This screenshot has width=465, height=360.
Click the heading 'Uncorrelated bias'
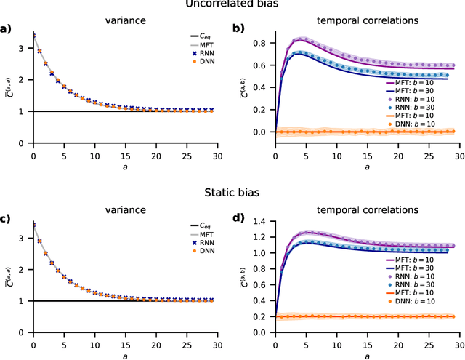232,5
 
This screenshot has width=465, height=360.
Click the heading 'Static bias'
232,193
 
